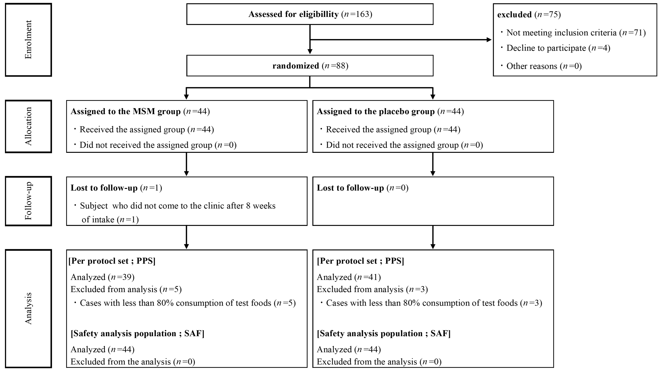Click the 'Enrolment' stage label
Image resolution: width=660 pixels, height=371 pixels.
click(x=28, y=40)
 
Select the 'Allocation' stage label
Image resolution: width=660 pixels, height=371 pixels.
click(x=28, y=126)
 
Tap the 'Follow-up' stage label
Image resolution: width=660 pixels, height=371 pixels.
click(x=28, y=201)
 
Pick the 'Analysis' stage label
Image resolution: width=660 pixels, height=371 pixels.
click(x=28, y=309)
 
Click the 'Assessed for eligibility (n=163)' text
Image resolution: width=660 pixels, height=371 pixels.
click(x=310, y=14)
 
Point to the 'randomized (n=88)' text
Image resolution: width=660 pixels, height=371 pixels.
click(x=310, y=66)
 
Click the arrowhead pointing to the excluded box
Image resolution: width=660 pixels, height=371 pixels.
click(x=489, y=40)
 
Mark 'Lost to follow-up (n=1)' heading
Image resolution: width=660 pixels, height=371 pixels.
click(x=116, y=188)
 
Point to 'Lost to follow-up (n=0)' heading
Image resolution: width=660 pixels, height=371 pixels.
click(x=362, y=188)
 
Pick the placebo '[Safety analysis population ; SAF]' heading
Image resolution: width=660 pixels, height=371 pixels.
click(x=384, y=333)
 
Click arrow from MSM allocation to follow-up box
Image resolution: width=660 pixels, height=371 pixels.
click(x=187, y=164)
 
